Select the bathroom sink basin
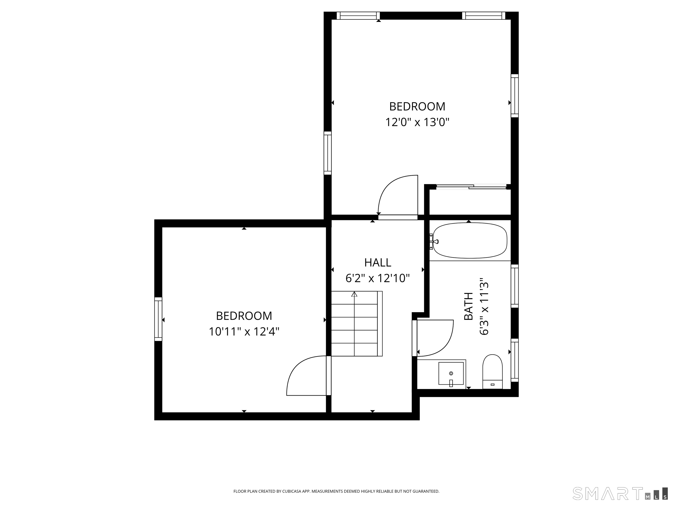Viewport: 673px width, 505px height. (x=451, y=373)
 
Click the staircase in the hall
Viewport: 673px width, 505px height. (x=357, y=324)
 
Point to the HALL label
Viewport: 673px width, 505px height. (x=377, y=262)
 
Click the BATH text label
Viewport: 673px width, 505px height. (x=469, y=306)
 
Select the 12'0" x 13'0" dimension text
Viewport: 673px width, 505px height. (x=417, y=122)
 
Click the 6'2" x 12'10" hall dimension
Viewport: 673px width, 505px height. (x=377, y=278)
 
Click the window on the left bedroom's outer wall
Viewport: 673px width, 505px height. (x=158, y=319)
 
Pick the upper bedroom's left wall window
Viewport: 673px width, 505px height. (x=327, y=153)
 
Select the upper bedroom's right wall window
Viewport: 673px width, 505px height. (x=514, y=96)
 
